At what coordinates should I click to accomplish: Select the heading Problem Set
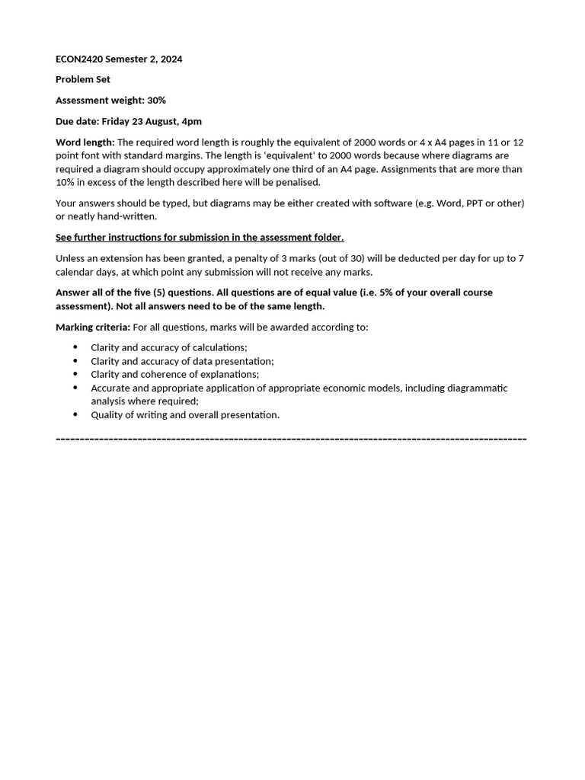tap(83, 79)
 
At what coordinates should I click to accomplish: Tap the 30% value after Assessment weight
tap(157, 101)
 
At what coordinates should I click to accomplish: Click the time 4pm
tap(190, 121)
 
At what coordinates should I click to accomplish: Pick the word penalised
tap(298, 182)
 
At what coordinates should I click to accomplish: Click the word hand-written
tap(126, 216)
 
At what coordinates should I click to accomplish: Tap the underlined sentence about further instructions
tap(200, 238)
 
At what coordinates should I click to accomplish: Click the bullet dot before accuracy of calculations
tap(75, 347)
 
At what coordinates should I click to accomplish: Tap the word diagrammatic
tap(478, 388)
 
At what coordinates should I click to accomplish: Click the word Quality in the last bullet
tap(108, 414)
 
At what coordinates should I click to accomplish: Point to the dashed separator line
tap(291, 440)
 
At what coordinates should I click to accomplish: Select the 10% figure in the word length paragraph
tap(66, 182)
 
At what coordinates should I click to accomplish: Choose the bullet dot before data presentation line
tap(75, 361)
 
